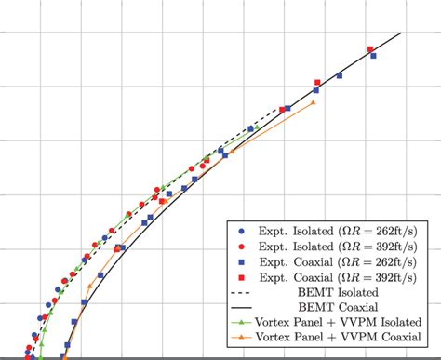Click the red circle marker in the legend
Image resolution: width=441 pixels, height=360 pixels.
click(241, 246)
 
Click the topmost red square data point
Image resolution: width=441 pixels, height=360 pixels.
click(370, 49)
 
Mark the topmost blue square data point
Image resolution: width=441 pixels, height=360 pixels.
click(373, 56)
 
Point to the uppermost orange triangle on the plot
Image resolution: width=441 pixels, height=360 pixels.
click(313, 102)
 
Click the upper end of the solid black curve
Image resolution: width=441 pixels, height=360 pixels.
click(401, 33)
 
